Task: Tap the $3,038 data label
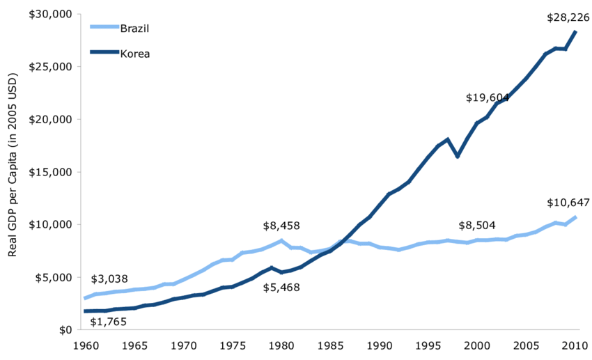click(109, 279)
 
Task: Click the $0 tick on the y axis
click(63, 329)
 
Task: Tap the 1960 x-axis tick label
click(85, 345)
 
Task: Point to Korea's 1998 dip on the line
click(458, 157)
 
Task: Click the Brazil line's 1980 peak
click(281, 240)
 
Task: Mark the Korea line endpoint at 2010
click(575, 32)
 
